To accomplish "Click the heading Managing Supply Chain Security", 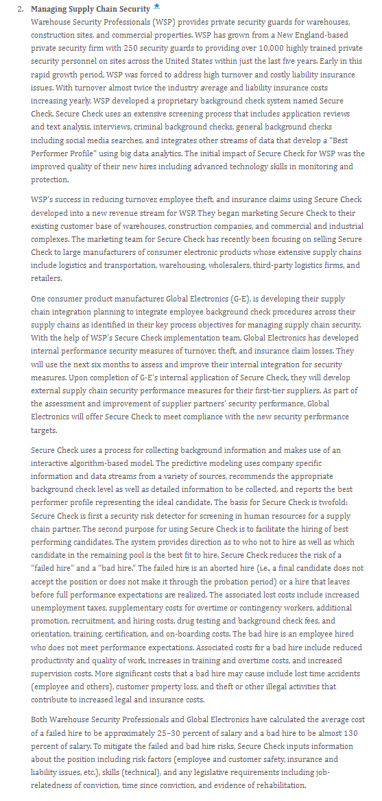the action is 91,9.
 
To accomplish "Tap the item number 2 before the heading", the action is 21,9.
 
